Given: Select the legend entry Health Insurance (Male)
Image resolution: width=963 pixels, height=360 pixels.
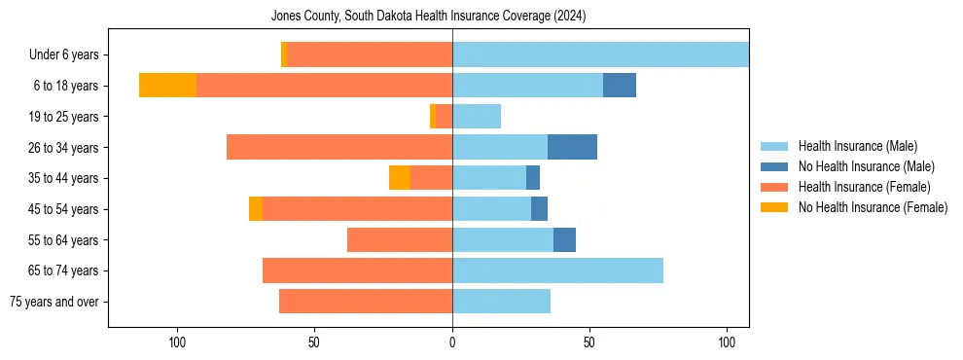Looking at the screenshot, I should click(857, 146).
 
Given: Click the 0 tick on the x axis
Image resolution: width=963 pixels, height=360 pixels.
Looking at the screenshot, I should click(452, 342).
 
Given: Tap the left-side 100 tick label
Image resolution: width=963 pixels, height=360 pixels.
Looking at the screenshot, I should click(177, 342).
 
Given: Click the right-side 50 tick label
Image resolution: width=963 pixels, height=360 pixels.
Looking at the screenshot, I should click(589, 342).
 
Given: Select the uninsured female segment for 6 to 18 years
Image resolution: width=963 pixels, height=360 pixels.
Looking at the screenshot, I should click(167, 86).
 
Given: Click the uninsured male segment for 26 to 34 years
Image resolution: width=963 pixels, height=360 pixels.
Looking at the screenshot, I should click(572, 147).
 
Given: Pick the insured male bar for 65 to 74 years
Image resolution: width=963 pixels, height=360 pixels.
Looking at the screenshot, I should click(557, 270).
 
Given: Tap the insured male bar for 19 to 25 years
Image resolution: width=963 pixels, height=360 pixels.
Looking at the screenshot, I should click(477, 117).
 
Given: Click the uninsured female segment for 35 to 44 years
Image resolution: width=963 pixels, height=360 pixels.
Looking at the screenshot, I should click(400, 178).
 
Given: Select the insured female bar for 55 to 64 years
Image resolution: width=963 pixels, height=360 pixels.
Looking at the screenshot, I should click(400, 239).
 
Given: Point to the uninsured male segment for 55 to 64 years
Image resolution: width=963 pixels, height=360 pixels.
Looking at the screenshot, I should click(564, 239).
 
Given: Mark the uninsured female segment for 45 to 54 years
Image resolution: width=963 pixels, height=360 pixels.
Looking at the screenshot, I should click(256, 209).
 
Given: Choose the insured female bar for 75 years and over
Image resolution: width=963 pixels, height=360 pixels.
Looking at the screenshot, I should click(366, 302).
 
